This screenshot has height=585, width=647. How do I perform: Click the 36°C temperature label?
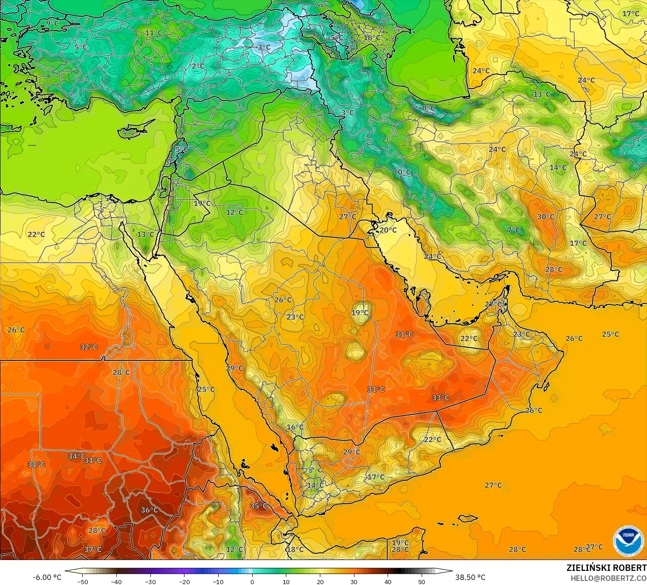point(149,510)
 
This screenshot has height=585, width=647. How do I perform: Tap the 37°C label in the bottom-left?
point(93,550)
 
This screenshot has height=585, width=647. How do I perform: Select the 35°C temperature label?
point(259,506)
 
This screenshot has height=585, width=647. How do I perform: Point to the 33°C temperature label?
point(440,398)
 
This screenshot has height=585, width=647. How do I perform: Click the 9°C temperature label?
point(52,23)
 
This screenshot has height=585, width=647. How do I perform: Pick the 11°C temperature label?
point(154,33)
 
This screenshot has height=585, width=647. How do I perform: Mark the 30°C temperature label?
point(546,217)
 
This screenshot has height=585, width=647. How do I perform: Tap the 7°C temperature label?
point(513,230)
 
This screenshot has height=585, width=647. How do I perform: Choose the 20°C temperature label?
point(388,230)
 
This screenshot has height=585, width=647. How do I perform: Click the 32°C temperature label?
point(89,347)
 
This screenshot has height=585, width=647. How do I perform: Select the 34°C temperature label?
point(76,456)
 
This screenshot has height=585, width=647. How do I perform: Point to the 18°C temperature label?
point(295,549)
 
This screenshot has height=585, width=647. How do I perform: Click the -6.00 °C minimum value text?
point(47,577)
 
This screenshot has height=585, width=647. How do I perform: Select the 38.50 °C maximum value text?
point(470,577)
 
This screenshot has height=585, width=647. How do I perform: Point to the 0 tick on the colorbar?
point(252,581)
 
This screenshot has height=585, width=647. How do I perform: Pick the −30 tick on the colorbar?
point(150,581)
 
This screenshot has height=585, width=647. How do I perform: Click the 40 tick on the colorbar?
point(388,581)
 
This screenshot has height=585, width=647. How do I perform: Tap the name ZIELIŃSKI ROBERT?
point(606,568)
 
